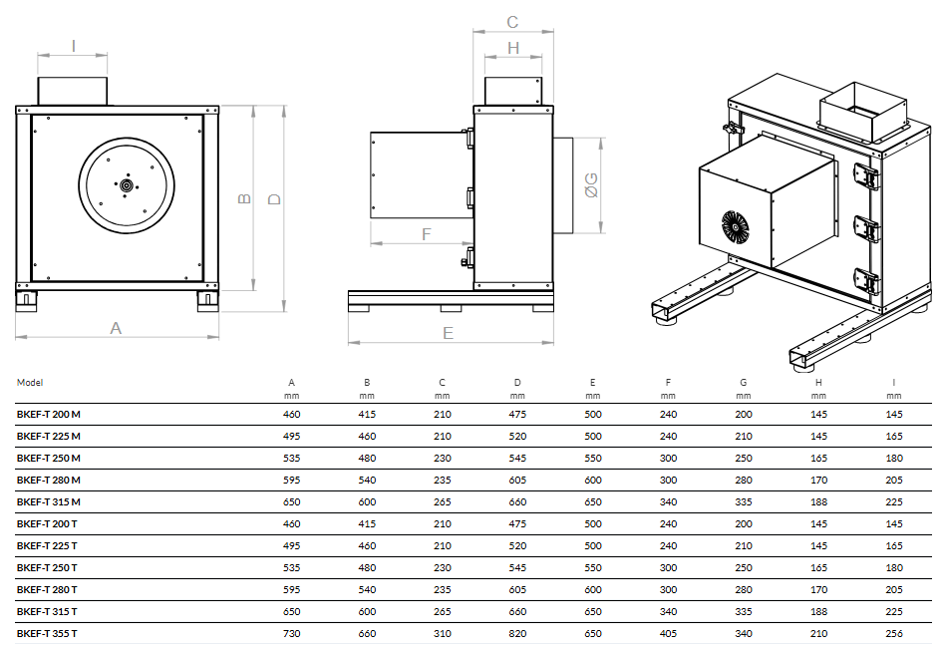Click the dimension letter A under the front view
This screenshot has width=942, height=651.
point(116,327)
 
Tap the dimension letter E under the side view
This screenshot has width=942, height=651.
point(448,333)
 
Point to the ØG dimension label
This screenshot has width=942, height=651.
point(591,184)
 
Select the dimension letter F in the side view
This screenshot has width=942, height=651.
point(427,234)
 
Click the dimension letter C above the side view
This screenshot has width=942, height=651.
point(512,22)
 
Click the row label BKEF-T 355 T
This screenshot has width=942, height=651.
point(47,633)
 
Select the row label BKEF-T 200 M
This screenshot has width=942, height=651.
point(48,414)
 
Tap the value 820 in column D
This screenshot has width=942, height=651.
point(517,633)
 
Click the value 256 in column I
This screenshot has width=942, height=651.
point(893,633)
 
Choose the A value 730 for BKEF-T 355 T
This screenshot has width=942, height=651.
point(291,633)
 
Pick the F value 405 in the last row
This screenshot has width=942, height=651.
point(668,633)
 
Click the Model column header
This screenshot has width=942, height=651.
point(30,382)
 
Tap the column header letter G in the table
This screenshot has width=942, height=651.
point(743,382)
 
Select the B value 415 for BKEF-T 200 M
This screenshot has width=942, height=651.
point(367,414)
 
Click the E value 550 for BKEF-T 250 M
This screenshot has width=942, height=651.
point(592,458)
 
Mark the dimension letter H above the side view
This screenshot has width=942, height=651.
point(512,47)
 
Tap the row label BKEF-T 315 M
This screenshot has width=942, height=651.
point(48,501)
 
